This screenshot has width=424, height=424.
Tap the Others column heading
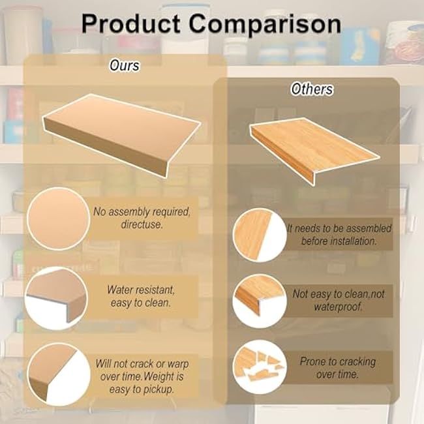tap(312, 89)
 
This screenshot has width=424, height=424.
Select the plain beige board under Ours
tap(121, 131)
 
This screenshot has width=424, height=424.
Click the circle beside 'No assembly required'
tap(59, 218)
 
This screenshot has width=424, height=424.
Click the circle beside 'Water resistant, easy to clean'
tap(56, 297)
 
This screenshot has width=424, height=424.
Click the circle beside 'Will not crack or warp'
tap(59, 374)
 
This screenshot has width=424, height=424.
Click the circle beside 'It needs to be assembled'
tap(259, 235)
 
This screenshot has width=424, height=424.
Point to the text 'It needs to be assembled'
tap(339, 234)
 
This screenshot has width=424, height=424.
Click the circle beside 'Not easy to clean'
tap(259, 301)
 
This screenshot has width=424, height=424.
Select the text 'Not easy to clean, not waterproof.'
tap(338, 300)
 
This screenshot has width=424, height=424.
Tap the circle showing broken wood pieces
tap(259, 367)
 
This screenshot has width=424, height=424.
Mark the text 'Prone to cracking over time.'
tap(338, 367)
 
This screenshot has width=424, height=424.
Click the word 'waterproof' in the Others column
tap(338, 307)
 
